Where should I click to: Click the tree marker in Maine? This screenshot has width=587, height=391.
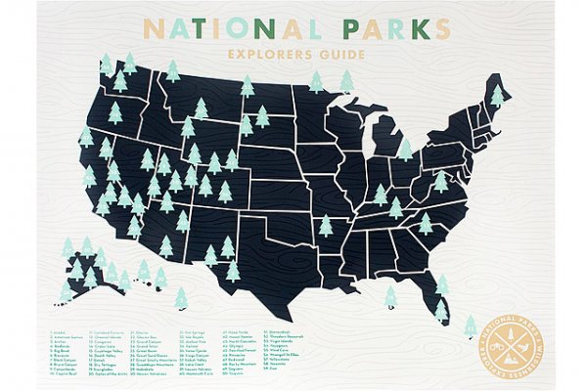click(498, 96)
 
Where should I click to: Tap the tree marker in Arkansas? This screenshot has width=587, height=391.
click(326, 226)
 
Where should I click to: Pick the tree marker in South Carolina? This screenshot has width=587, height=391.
click(426, 223)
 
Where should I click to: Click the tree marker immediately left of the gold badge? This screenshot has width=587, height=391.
click(471, 324)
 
